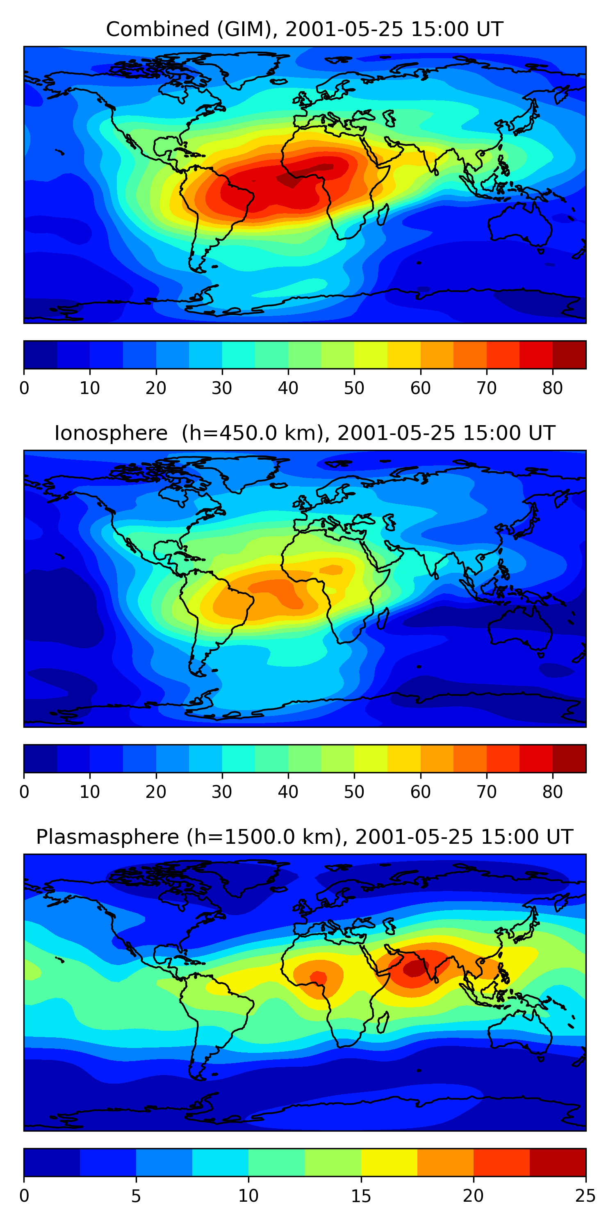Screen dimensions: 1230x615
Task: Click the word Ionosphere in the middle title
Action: point(111,433)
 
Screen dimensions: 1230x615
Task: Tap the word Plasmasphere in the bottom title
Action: point(107,837)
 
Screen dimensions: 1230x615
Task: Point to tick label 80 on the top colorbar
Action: point(552,388)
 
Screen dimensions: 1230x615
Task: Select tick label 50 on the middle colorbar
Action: point(354,792)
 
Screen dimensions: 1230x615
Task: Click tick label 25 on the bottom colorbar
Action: point(585,1196)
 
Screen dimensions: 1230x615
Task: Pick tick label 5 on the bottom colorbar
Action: point(136,1196)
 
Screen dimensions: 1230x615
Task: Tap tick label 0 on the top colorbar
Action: point(24,388)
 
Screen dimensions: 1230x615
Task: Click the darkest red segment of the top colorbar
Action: point(569,355)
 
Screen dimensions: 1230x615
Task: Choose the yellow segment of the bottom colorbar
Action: point(389,1162)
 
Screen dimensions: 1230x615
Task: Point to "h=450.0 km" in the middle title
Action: point(253,433)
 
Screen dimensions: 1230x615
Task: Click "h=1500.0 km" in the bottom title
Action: point(264,837)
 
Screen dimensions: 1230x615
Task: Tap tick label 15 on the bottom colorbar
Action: point(361,1196)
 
